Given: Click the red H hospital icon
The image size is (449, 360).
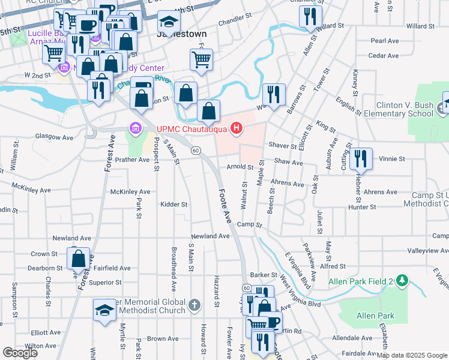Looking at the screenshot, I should [x=237, y=128].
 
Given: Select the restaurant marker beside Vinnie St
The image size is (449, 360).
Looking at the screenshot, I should [x=361, y=158].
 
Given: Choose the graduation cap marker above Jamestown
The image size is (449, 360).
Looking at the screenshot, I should [x=169, y=22].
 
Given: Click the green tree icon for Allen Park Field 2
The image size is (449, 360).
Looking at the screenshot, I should [x=402, y=280].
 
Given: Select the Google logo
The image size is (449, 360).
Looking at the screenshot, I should [x=20, y=353].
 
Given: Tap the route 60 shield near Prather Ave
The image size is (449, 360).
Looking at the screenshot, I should [x=196, y=150].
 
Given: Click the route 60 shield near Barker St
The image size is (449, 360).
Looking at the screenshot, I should [x=246, y=289].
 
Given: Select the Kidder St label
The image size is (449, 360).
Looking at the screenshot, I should [x=174, y=205].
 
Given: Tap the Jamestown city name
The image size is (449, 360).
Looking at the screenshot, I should [x=181, y=34].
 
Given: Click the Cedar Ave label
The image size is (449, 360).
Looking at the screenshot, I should [x=384, y=56].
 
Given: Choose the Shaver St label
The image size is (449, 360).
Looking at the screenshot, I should [x=283, y=146].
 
